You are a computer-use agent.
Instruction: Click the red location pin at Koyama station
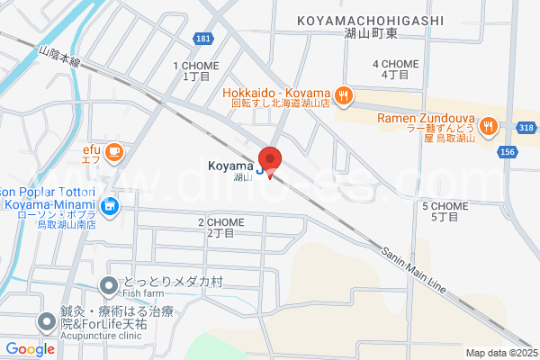(x=270, y=159)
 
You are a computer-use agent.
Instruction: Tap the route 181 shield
(x=202, y=39)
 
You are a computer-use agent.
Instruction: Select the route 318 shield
(x=526, y=129)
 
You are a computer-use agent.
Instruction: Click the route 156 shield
(x=508, y=153)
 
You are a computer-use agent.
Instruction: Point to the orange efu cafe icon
(x=113, y=152)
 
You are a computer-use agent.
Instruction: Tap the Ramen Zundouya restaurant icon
(x=490, y=125)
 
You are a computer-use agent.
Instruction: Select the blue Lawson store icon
(x=109, y=208)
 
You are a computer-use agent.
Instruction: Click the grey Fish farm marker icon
(x=108, y=286)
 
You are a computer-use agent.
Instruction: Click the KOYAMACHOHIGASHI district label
(x=369, y=20)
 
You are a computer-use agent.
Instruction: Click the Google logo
(x=31, y=348)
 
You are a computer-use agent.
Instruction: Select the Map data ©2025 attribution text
(x=501, y=353)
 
